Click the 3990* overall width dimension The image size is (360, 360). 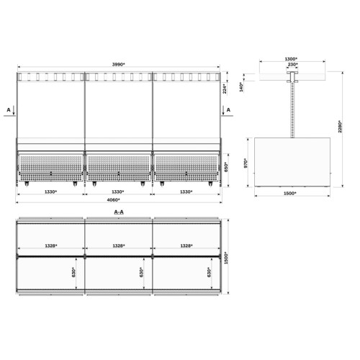coord(119,64)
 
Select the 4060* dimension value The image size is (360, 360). coord(113,199)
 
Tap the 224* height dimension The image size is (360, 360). coord(225,89)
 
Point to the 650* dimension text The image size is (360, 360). coord(226,166)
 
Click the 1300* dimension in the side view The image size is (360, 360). coord(291,59)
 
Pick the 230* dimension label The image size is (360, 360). coord(292,64)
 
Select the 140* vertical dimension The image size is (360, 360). coord(241,87)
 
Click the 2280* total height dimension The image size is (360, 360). coord(340,126)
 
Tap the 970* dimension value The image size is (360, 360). coord(246,163)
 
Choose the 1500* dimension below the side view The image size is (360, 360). coord(289,193)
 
